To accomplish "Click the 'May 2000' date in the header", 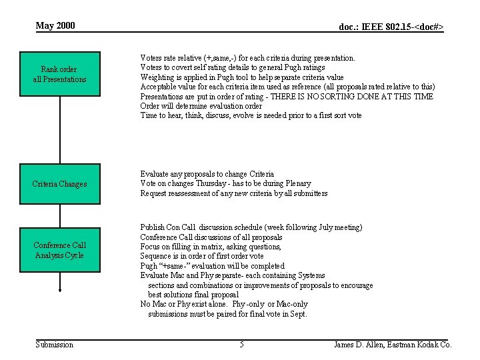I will coord(55,26).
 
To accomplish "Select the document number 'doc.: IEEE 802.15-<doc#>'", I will coord(391,27).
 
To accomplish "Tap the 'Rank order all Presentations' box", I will coord(60,74).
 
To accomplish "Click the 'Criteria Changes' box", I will coord(60,184).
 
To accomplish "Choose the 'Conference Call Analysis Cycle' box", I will coord(60,250).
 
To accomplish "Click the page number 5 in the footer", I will coord(241,345).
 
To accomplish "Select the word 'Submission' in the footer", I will coord(55,345).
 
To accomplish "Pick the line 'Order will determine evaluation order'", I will coord(201,106).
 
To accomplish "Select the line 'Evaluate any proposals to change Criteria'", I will coord(207,174).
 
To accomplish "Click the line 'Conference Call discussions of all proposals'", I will coord(211,237).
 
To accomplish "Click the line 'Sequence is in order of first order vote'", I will coord(202,257).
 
